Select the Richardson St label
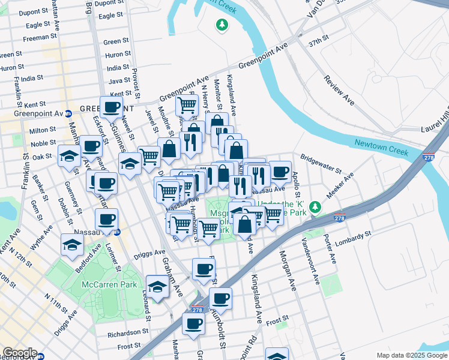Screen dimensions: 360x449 click(128, 332)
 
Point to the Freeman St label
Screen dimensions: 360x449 click(39, 38)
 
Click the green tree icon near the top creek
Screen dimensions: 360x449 click(223, 25)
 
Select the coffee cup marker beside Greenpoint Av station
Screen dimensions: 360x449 click(111, 108)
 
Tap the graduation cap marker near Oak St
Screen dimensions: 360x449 click(70, 156)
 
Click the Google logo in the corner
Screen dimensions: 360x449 click(19, 353)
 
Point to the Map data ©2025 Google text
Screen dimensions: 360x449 click(411, 355)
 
